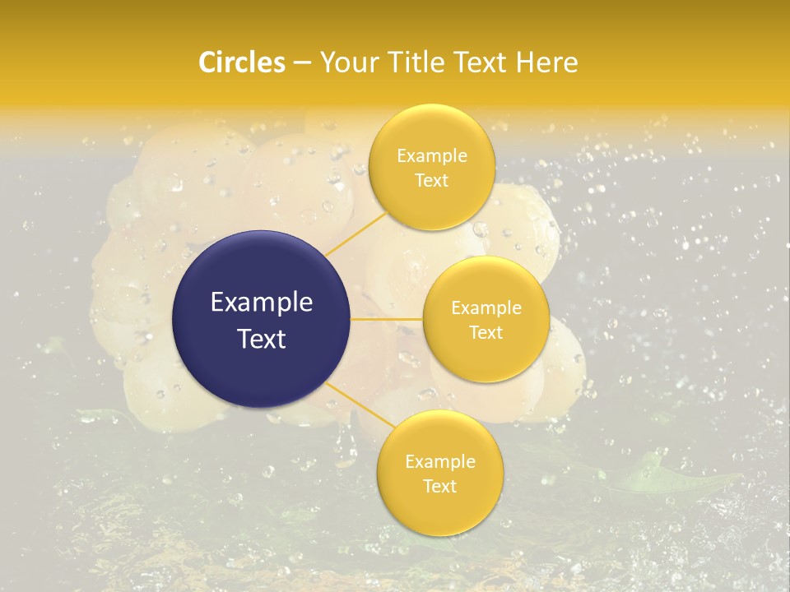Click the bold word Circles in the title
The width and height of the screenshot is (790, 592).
point(242,62)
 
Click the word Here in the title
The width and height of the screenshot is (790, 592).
point(546,62)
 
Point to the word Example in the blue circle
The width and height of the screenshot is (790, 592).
point(262,303)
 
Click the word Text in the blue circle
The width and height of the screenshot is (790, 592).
point(262,339)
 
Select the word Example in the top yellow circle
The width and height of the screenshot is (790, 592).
point(432,156)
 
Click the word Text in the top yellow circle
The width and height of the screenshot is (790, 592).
point(431,181)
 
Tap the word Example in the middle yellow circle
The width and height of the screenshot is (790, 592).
point(486,308)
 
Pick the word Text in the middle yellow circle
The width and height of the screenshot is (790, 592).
point(486,332)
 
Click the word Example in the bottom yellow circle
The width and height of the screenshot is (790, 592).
point(440,462)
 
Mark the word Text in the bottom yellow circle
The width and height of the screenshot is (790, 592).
point(439,486)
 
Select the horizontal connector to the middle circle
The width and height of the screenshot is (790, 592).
point(387,319)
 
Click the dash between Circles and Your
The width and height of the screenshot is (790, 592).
point(302,63)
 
